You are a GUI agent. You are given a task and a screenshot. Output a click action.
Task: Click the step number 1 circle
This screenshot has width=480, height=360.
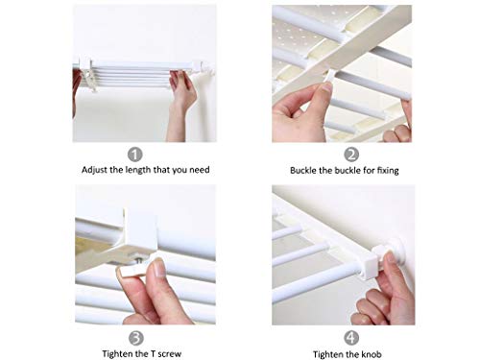point(134,155)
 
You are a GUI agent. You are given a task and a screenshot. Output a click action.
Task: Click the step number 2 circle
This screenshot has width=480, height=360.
point(351,155)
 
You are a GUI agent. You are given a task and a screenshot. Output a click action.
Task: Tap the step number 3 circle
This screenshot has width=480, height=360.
point(136,338)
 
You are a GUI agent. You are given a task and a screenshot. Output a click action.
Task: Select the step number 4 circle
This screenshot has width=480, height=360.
point(351,338)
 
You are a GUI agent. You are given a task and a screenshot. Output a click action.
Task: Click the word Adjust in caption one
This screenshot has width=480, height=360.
point(94,170)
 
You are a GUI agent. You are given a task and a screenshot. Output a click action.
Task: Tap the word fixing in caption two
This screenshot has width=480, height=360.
point(388,171)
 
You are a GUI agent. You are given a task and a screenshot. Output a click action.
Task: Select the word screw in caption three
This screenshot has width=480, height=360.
point(170,354)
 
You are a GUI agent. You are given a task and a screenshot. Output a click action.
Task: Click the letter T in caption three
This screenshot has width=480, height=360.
point(153,353)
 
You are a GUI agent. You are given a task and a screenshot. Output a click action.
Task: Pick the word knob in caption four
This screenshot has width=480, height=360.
point(372,354)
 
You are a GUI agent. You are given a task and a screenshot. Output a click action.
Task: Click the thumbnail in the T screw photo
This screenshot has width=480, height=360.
point(159,268)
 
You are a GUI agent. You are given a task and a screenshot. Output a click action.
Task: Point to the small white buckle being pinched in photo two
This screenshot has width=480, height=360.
point(329,77)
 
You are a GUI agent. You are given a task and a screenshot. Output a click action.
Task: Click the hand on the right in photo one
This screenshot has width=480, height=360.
point(181,104)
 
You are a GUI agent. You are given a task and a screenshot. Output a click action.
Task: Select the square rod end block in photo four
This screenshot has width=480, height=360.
point(372,263)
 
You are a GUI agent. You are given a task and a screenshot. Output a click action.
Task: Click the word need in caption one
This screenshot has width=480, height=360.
point(200,170)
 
